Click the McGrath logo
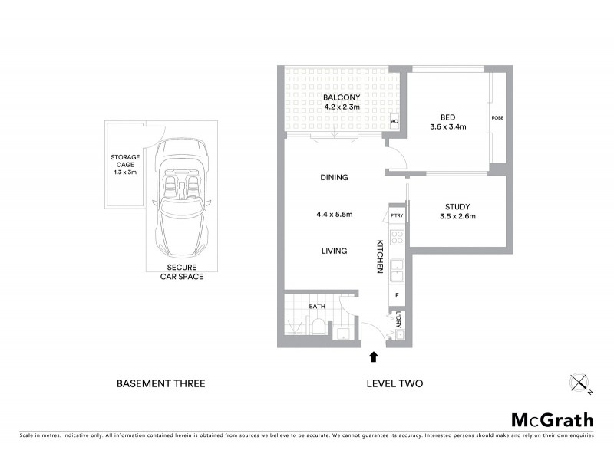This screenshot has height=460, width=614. click(553, 419)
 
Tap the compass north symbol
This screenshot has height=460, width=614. click(579, 383)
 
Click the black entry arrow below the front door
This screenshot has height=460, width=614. click(374, 356)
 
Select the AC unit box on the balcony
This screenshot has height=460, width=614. click(394, 122)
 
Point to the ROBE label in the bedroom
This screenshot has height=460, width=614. click(497, 119)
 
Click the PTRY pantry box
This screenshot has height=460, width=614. click(397, 216)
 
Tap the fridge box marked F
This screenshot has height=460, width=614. click(397, 294)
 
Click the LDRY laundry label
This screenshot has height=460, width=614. click(398, 320)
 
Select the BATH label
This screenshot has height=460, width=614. click(317, 307)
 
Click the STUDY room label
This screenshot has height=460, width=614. click(457, 207)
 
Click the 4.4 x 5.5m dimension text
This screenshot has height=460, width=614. click(335, 214)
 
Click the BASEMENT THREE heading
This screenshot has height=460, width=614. click(160, 383)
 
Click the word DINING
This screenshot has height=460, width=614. click(334, 177)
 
